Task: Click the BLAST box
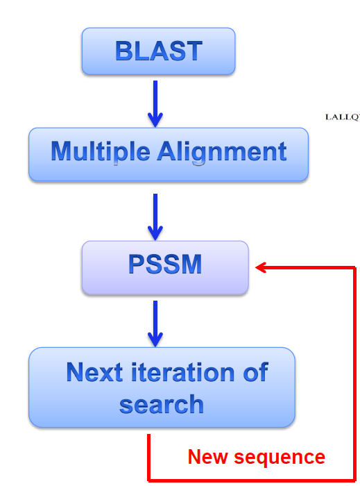[158, 51]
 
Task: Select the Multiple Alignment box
[169, 154]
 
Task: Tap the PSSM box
[165, 267]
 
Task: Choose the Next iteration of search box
[162, 387]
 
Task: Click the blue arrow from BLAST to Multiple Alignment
[155, 104]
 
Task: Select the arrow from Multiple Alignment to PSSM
[155, 217]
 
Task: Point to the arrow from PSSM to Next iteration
[155, 324]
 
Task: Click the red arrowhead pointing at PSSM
[261, 267]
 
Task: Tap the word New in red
[207, 457]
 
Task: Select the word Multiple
[101, 151]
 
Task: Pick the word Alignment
[222, 151]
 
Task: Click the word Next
[94, 372]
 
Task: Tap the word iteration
[183, 372]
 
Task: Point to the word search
[162, 405]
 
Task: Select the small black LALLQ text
[343, 117]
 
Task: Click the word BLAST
[159, 51]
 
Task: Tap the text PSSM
[165, 264]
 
